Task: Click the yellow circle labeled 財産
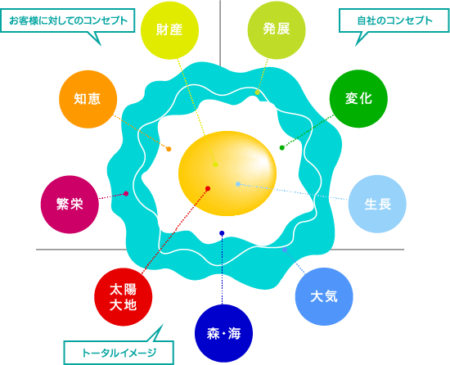pyautogui.click(x=169, y=30)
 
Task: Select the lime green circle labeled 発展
pyautogui.click(x=277, y=30)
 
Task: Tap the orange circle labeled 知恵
pyautogui.click(x=88, y=99)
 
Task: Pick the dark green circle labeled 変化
pyautogui.click(x=358, y=99)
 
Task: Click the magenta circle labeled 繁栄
pyautogui.click(x=70, y=205)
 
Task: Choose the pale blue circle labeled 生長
pyautogui.click(x=377, y=204)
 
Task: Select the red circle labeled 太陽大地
pyautogui.click(x=123, y=297)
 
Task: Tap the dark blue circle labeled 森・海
pyautogui.click(x=223, y=333)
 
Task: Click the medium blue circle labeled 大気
pyautogui.click(x=324, y=296)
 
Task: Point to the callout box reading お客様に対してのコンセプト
pyautogui.click(x=67, y=20)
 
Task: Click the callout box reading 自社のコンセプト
pyautogui.click(x=394, y=20)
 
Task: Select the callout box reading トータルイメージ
pyautogui.click(x=119, y=353)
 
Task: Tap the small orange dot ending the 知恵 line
pyautogui.click(x=169, y=149)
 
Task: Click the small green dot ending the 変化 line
pyautogui.click(x=281, y=148)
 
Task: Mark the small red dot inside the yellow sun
pyautogui.click(x=208, y=188)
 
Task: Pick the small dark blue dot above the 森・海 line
pyautogui.click(x=222, y=233)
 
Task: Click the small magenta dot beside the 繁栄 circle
pyautogui.click(x=126, y=194)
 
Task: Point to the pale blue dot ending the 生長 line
pyautogui.click(x=238, y=184)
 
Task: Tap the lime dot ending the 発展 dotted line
pyautogui.click(x=257, y=92)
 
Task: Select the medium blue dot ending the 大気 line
pyautogui.click(x=285, y=250)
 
